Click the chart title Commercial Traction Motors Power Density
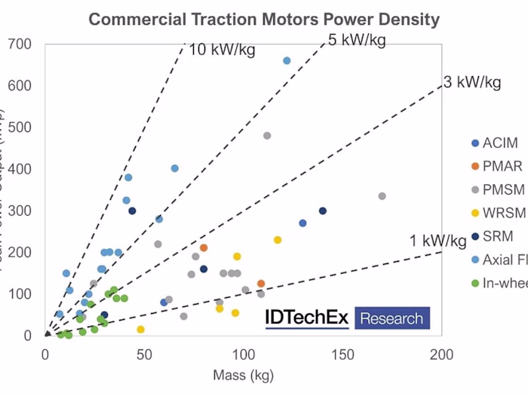click(264, 19)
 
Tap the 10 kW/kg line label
click(222, 51)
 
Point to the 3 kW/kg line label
click(471, 82)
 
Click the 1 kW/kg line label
click(438, 241)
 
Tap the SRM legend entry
click(498, 236)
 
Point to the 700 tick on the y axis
click(22, 45)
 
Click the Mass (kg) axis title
click(243, 375)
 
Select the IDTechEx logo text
click(307, 318)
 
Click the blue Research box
click(391, 318)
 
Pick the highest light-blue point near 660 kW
click(287, 60)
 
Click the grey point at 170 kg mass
click(382, 196)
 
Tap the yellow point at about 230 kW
click(278, 240)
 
